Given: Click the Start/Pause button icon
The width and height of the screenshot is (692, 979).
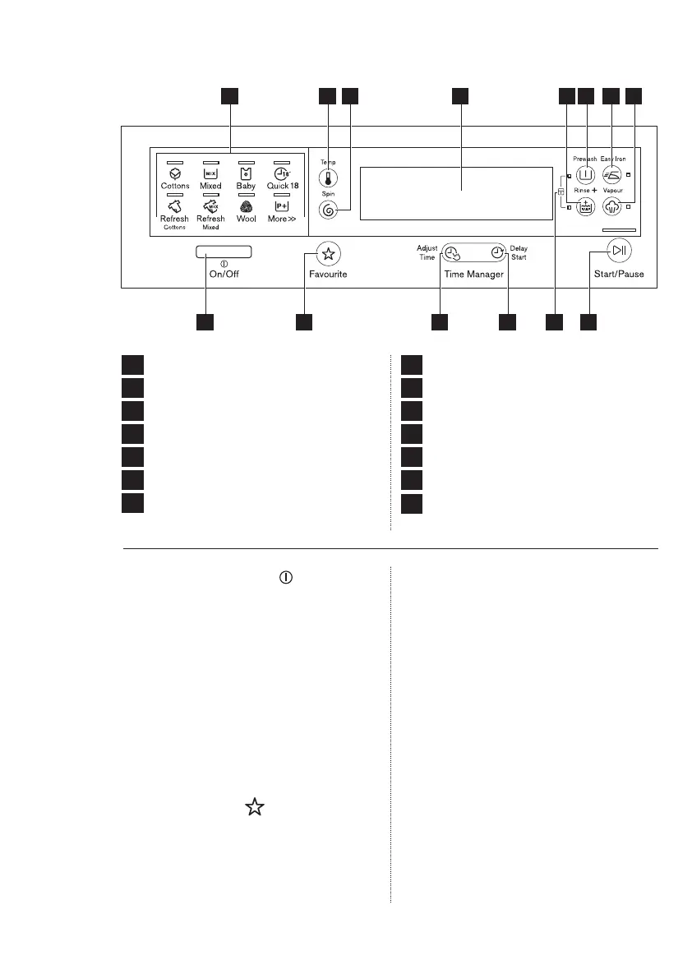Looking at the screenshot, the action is pos(618,252).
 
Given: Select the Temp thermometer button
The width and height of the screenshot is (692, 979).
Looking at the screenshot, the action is pos(329,178).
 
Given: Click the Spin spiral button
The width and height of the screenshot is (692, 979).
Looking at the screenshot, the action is pos(329,210).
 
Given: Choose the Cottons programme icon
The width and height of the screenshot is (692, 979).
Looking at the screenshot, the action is pos(174,174).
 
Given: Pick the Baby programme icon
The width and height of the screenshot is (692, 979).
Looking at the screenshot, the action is pos(245,174).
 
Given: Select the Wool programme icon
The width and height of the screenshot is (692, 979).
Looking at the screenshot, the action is pos(245,208).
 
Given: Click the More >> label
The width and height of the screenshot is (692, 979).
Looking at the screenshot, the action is pos(282,219).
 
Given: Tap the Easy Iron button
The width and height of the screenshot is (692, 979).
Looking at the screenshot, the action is pos(611,174).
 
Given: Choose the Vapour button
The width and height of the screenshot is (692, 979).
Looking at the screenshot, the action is pos(611,207).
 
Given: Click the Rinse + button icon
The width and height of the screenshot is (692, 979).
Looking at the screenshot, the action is pos(586,207).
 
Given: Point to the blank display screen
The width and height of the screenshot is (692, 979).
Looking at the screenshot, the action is pos(456,193).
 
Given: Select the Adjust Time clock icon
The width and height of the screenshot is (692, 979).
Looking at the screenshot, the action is pos(452,253).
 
